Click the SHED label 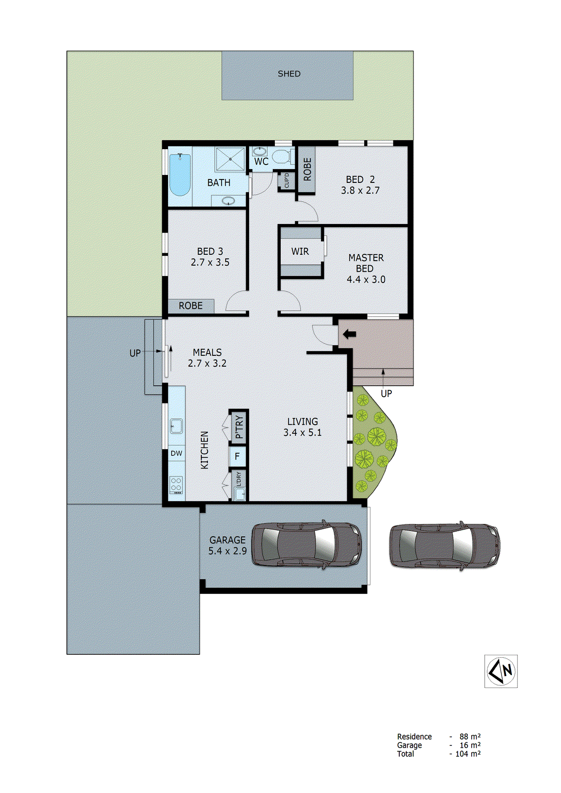click(289, 74)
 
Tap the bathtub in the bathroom click(180, 175)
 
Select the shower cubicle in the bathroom click(230, 159)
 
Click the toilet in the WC click(283, 157)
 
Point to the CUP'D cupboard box click(287, 181)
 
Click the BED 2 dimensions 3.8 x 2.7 click(360, 190)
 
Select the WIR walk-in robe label click(300, 252)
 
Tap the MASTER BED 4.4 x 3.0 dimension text click(366, 280)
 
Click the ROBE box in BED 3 click(191, 306)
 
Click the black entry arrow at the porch click(350, 334)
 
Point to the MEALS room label click(207, 352)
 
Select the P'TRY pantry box click(239, 426)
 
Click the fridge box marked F click(238, 456)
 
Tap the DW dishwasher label click(177, 453)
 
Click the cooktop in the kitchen click(176, 485)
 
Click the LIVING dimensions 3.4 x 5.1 click(303, 433)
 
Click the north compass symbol click(501, 671)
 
